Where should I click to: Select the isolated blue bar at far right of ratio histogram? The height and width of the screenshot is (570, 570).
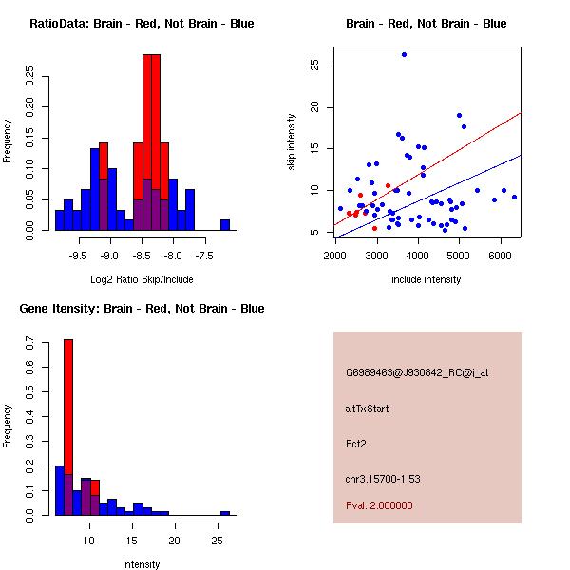coord(225,225)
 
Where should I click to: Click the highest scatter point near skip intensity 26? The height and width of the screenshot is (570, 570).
coord(404,55)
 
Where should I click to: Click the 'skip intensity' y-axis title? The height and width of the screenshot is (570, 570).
coord(292,142)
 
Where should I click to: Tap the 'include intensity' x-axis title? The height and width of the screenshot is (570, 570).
coord(427,279)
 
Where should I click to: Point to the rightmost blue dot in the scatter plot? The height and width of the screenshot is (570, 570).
coord(514,197)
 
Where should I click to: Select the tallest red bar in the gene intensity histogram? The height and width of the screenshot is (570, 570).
coord(68,427)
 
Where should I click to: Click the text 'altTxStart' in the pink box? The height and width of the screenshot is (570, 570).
coord(368,409)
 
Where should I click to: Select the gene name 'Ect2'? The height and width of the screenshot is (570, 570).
coord(356,444)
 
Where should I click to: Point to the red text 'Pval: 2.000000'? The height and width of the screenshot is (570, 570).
coord(379,505)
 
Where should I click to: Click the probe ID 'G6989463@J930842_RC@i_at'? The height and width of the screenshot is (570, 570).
coord(417,373)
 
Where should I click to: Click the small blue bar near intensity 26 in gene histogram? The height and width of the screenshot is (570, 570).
coord(225,513)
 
